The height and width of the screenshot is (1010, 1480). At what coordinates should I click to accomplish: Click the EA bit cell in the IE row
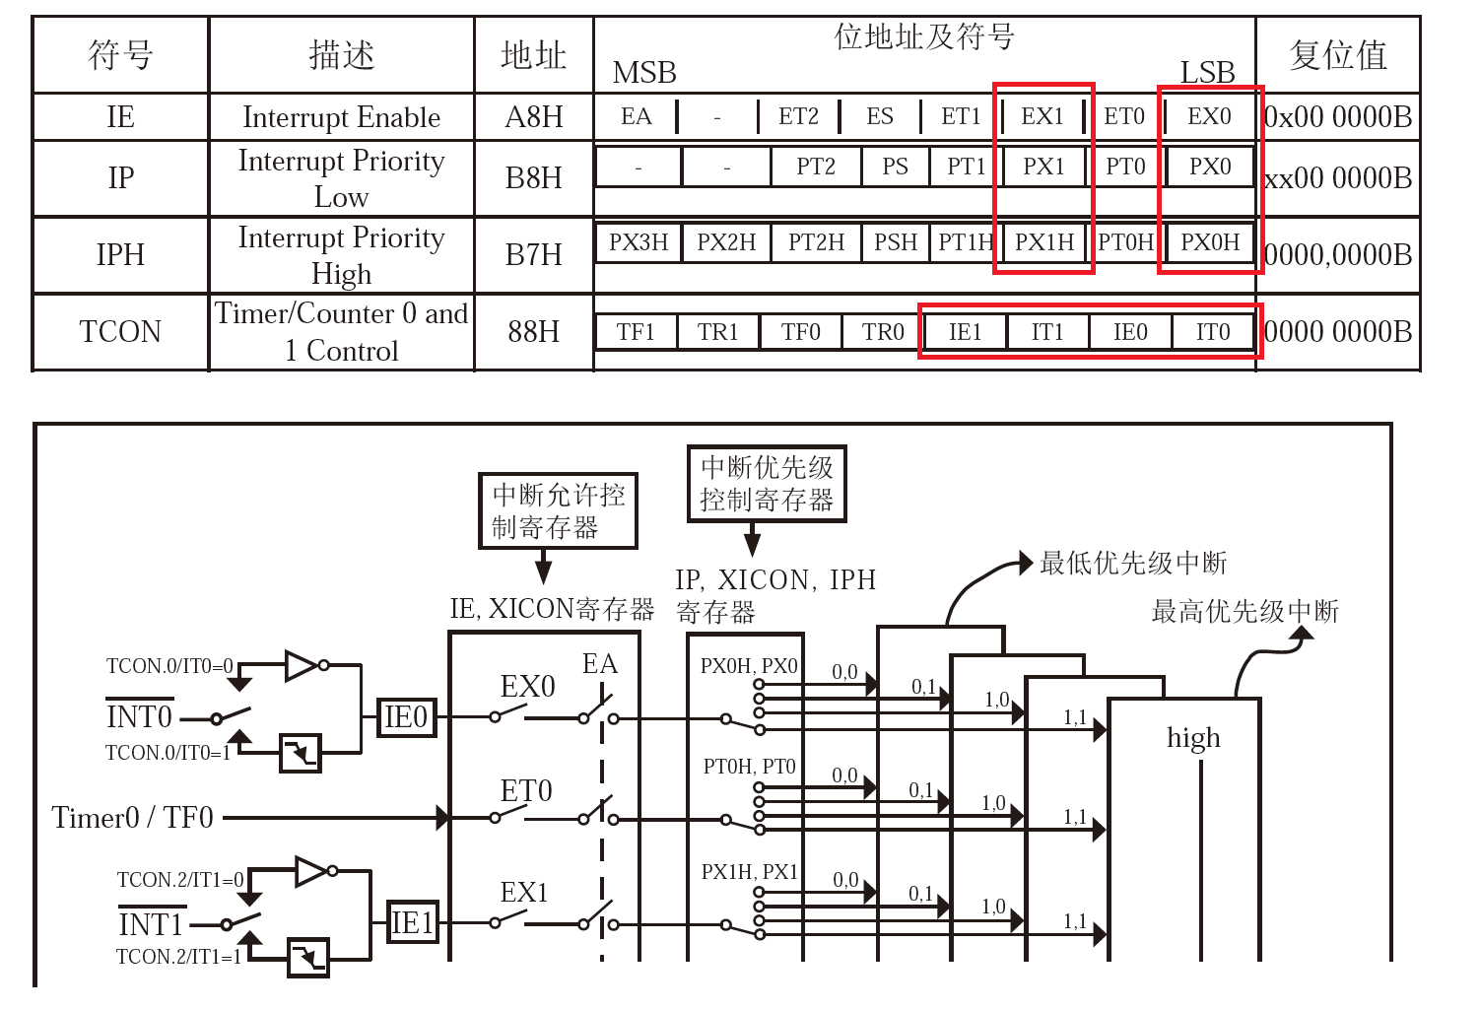(636, 117)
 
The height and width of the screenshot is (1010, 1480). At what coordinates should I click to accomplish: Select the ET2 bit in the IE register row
(798, 117)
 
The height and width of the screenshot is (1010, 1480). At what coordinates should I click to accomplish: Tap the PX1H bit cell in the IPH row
(1044, 242)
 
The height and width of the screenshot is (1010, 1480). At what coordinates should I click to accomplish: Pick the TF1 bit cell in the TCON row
(636, 332)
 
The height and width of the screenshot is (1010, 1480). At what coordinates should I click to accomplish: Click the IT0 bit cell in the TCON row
(1213, 332)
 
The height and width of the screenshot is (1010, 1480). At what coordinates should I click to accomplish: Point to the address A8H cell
(533, 117)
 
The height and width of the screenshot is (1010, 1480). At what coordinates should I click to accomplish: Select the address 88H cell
(533, 332)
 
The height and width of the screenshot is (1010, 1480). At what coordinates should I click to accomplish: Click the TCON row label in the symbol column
(120, 332)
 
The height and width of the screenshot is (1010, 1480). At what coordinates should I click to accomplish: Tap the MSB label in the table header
(644, 73)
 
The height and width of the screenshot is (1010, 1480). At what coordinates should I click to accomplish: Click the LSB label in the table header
(1207, 73)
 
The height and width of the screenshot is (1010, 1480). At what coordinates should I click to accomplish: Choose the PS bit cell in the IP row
(895, 167)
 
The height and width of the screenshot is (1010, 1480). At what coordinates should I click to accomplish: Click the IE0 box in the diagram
(406, 718)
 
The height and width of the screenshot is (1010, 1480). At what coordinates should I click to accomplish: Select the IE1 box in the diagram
(413, 923)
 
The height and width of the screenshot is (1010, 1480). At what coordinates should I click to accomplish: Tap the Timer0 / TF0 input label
(132, 818)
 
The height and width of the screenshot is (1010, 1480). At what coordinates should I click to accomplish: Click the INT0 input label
(139, 716)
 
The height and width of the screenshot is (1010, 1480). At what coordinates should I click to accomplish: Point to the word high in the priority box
(1193, 738)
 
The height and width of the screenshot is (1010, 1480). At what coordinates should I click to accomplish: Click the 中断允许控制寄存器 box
(558, 510)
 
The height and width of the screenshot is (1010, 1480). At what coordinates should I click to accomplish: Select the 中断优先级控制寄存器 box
(767, 483)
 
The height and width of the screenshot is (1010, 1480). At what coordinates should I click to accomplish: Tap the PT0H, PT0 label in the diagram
(749, 767)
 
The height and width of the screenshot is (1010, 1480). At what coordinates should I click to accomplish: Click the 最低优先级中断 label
(1133, 564)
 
